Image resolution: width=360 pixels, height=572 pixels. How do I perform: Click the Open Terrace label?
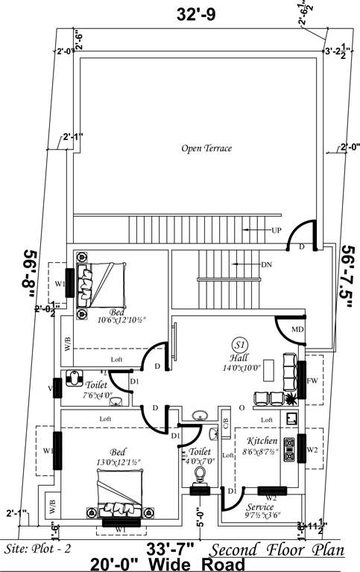point(206,148)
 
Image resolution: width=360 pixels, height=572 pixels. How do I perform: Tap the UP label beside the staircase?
point(277,230)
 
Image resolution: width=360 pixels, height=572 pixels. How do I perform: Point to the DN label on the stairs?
point(266,264)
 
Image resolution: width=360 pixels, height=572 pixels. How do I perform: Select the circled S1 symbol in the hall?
point(240,346)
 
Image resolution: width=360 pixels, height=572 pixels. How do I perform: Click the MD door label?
point(297,328)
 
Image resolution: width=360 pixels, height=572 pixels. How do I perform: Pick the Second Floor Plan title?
point(277,550)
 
